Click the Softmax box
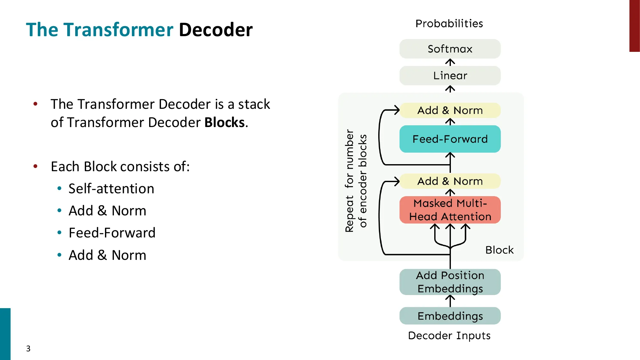pos(450,49)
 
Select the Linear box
pos(450,76)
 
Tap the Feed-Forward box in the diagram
pos(450,139)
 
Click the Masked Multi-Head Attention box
pos(450,210)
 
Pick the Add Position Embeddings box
pos(450,282)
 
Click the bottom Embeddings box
pos(450,316)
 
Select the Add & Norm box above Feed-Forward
pos(450,110)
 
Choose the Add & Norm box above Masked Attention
pos(450,181)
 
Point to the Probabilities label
pos(449,24)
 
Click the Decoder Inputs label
pos(449,336)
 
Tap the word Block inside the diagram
pos(499,250)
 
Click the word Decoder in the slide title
pos(216,30)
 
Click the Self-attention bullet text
pos(111,188)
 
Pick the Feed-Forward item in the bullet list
pos(112,233)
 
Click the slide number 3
pos(28,348)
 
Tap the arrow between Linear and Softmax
pos(450,62)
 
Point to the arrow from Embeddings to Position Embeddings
pos(450,301)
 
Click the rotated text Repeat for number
pos(349,180)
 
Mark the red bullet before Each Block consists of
pos(36,166)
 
